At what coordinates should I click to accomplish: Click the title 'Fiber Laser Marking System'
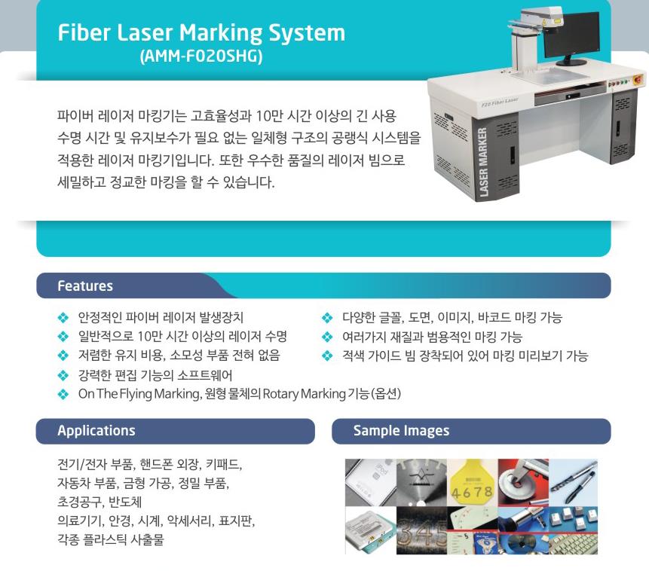(201, 32)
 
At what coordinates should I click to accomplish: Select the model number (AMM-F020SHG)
(201, 56)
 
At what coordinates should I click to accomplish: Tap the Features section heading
(85, 286)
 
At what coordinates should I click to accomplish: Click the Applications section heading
(96, 430)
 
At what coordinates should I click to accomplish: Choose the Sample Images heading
(401, 430)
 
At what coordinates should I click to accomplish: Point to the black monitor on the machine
(571, 36)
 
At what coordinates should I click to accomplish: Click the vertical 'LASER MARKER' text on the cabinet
(482, 162)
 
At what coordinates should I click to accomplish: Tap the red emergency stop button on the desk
(638, 79)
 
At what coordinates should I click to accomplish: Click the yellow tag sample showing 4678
(473, 482)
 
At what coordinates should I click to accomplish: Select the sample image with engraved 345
(421, 530)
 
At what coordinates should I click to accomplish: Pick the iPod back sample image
(370, 482)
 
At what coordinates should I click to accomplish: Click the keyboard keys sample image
(574, 530)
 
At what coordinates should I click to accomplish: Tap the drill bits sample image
(574, 482)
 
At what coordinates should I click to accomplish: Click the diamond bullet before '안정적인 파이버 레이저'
(63, 318)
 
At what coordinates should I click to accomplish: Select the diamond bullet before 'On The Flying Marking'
(63, 394)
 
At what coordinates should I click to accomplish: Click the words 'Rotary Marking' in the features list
(305, 393)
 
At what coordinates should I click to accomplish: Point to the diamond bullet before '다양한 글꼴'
(327, 318)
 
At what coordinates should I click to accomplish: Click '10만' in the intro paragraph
(268, 116)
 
